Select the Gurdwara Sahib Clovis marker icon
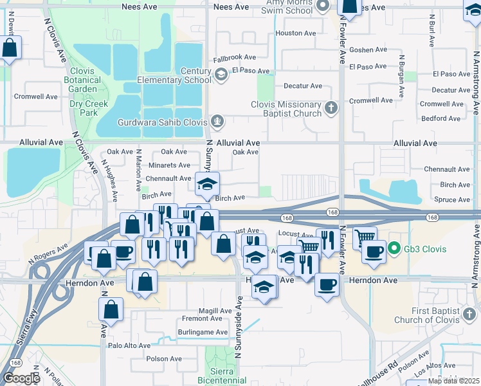coord(219,121)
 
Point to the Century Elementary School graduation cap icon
coord(221,75)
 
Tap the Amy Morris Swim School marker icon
coord(324,6)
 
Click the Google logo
coord(21,378)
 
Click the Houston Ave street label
coord(295,33)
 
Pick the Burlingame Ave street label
coord(204,333)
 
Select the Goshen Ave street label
coord(368,50)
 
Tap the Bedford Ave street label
coord(440,118)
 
